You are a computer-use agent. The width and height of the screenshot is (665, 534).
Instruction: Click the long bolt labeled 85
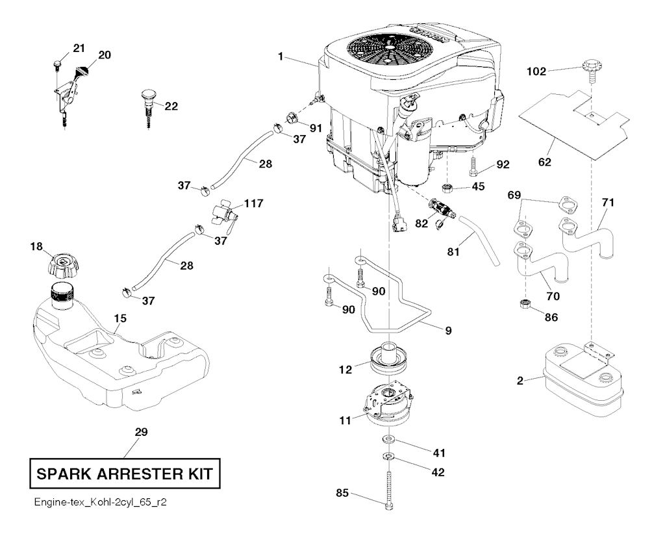tap(388, 492)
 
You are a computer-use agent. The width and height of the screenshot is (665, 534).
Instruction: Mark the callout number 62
tap(544, 162)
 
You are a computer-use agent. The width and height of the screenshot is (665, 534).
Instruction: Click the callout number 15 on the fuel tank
tap(120, 319)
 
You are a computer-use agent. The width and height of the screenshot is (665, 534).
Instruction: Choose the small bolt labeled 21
tap(56, 64)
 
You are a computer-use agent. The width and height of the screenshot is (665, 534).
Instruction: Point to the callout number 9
tap(448, 330)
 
